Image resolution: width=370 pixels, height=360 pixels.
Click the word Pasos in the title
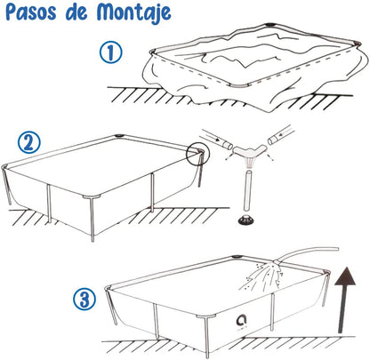pos(31,12)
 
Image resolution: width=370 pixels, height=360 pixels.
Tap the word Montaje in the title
pos(133,13)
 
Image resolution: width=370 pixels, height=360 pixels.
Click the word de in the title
pos(76,13)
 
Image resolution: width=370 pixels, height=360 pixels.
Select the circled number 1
pos(110,52)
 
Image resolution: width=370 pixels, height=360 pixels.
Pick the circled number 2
pos(28,142)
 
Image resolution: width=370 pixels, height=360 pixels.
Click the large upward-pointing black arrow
pos(344,300)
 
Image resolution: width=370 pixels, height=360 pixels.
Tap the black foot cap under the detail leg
pos(245,220)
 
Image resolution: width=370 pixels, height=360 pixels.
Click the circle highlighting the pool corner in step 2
pos(197,153)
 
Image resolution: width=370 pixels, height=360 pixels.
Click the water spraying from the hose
pos(262,275)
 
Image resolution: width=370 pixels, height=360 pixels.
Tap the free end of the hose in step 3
pos(337,248)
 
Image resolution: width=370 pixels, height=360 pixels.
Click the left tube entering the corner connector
pos(216,139)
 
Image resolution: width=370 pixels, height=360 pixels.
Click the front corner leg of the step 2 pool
pos(92,219)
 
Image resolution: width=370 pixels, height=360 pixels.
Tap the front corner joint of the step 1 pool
pos(239,86)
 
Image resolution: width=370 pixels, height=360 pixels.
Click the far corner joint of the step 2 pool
pos(120,136)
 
